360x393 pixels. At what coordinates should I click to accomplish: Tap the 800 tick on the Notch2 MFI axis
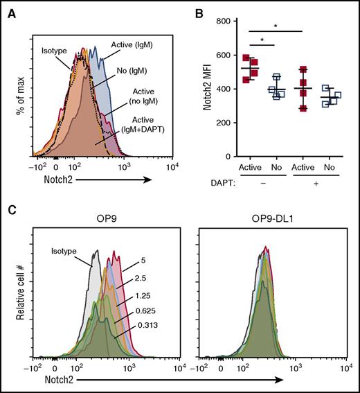(233, 22)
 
